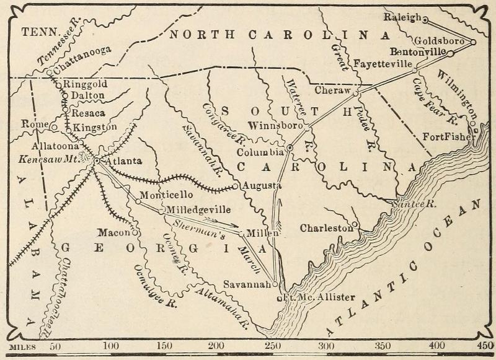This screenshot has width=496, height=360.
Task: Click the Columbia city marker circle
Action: point(290,147)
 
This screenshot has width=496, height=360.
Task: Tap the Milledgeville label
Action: point(196,209)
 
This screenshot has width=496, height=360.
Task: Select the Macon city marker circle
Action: point(134,233)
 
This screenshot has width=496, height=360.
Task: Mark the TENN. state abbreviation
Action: point(38,30)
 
